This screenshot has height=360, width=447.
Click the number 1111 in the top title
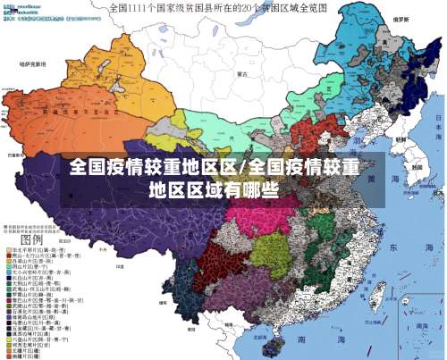(x=148, y=7)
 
